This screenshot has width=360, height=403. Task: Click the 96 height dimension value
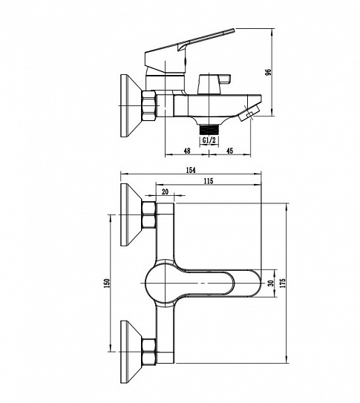coord(268,72)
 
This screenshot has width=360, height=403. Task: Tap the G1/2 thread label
coord(209,140)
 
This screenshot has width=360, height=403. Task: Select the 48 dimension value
coord(187,151)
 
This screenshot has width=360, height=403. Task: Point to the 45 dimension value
coord(229,151)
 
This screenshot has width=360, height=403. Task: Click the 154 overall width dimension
coord(191,170)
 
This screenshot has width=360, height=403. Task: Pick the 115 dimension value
coord(209,181)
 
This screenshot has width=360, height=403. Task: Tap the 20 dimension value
coord(166,191)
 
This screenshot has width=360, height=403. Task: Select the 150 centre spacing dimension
coord(107,283)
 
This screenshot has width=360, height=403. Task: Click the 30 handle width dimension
coord(270,284)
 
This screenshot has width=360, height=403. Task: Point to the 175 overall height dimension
coord(283,283)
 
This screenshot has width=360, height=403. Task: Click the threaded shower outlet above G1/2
coord(209,130)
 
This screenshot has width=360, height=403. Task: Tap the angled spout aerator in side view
coord(249,113)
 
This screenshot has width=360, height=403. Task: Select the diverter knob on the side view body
coord(215,85)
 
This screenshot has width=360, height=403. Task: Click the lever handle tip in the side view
coord(233,30)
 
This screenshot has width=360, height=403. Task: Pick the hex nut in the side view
coord(148,105)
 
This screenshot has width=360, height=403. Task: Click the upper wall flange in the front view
coord(131,214)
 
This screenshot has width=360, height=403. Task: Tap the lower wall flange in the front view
coord(131,352)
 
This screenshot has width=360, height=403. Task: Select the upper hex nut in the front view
coord(148,215)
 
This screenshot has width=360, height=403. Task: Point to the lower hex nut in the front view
coord(148,352)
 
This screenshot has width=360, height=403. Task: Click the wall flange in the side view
coord(131,105)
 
